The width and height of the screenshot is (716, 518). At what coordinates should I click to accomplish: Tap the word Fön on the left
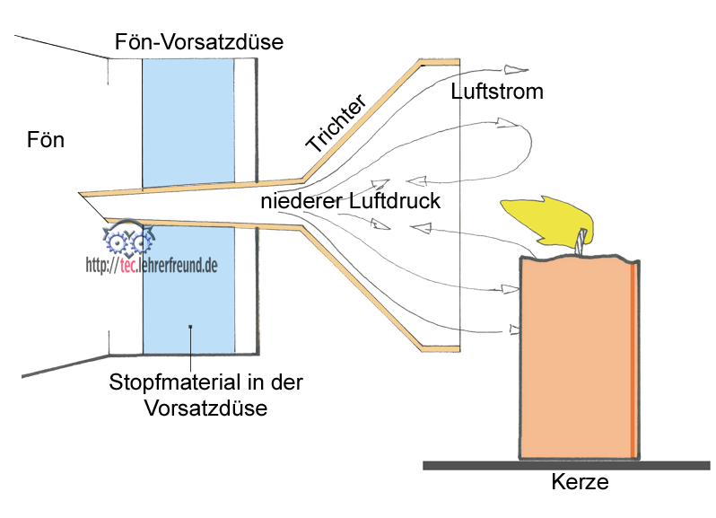click(x=47, y=141)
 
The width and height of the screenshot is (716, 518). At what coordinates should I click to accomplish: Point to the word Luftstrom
click(x=497, y=92)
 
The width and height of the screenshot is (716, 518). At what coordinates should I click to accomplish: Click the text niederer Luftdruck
click(x=351, y=201)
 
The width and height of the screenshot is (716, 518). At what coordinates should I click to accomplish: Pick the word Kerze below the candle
click(x=580, y=483)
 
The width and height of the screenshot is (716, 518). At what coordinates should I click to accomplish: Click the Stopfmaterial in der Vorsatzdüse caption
click(x=206, y=395)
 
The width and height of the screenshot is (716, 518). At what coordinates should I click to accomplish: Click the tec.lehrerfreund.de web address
click(x=152, y=265)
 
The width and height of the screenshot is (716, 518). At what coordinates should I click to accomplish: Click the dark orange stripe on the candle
click(x=634, y=359)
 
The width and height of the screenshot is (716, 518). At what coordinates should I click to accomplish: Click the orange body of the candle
click(x=574, y=359)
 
